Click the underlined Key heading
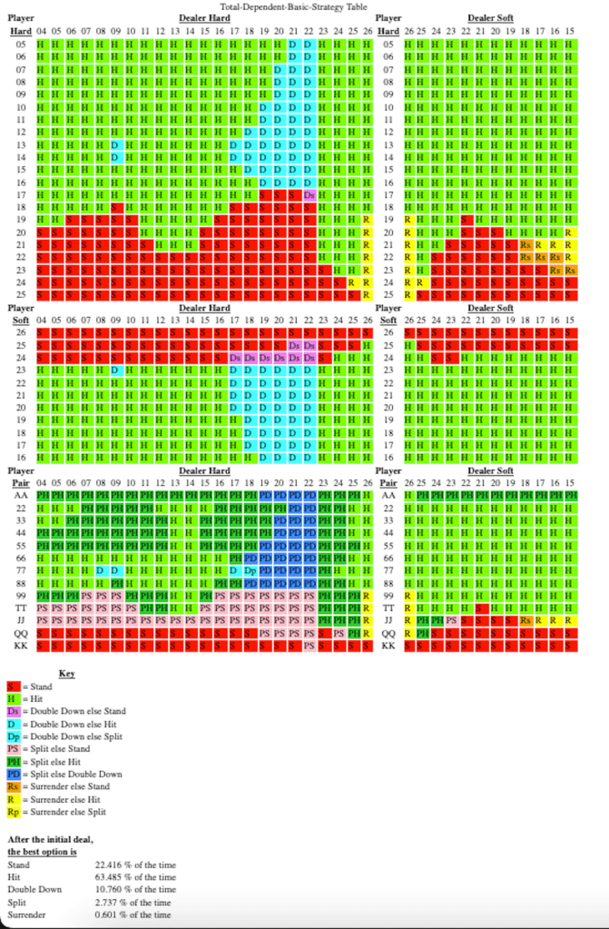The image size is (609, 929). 66,673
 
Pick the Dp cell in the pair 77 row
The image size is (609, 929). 248,570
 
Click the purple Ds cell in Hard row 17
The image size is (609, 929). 309,195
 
